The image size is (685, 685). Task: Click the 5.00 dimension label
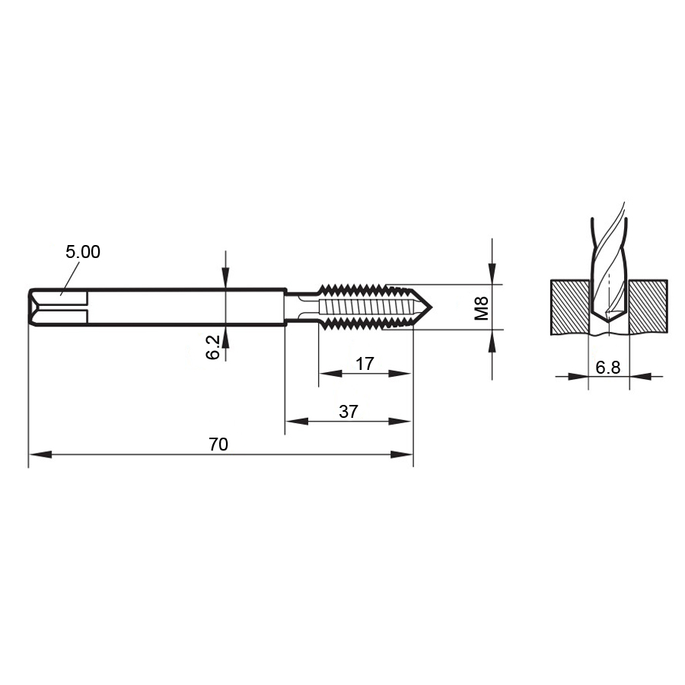[x=82, y=252]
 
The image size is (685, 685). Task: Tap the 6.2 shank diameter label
[x=213, y=347]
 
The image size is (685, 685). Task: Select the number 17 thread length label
[x=365, y=364]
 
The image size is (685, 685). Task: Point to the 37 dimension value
[x=348, y=412]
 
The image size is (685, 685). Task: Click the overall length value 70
[x=218, y=444]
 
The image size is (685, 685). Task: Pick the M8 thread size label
[x=482, y=307]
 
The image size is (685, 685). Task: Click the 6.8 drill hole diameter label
[x=607, y=368]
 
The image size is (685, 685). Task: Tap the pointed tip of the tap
[x=432, y=307]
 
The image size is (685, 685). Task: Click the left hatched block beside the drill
[x=570, y=307]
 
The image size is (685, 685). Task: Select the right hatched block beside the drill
[x=648, y=307]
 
